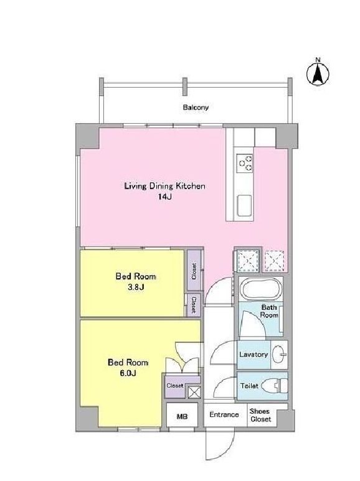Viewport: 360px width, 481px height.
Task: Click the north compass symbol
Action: [x=318, y=73]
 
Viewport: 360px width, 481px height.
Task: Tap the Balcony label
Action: [x=196, y=108]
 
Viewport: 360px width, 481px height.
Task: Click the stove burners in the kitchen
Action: [x=245, y=163]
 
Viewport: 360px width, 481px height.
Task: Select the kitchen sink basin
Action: [x=245, y=205]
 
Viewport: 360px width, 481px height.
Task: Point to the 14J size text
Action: [x=164, y=197]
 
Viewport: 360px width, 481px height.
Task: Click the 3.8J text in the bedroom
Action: [x=136, y=287]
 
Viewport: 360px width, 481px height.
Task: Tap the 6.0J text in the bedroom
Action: [x=128, y=373]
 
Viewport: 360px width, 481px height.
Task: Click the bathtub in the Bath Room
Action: [x=260, y=289]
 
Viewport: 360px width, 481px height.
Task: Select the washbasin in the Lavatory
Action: [x=279, y=355]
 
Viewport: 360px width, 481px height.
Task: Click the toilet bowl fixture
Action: [x=275, y=386]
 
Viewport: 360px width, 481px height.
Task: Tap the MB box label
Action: [x=182, y=416]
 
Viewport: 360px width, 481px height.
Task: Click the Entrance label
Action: [x=224, y=415]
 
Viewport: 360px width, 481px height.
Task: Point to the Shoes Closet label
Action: [x=260, y=415]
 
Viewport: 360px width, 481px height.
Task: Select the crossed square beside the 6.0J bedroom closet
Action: [x=194, y=392]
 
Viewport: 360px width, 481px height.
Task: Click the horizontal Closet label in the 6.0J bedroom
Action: [x=175, y=386]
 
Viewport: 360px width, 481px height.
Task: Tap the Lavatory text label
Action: [x=253, y=355]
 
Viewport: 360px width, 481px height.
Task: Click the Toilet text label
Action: [x=249, y=386]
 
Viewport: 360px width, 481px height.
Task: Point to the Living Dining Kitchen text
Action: [x=164, y=186]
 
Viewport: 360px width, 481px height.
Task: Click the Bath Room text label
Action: [x=270, y=311]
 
